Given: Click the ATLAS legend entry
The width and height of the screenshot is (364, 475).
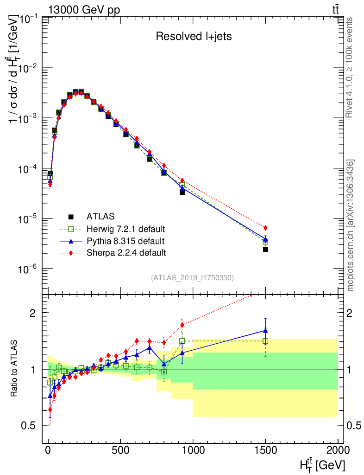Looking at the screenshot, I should tap(100, 216).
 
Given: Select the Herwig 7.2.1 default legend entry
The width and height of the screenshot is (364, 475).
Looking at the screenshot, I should tap(126, 229).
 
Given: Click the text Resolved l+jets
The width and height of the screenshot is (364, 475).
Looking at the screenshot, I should tap(193, 37).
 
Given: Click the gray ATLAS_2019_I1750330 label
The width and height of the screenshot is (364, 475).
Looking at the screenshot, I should tap(192, 278).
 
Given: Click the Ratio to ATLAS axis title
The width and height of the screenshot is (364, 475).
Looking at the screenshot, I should tap(15, 369).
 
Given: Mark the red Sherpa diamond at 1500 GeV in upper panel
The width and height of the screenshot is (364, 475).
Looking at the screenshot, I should tap(265, 228).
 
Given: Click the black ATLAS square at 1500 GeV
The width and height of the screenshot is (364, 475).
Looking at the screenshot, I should tap(265, 249).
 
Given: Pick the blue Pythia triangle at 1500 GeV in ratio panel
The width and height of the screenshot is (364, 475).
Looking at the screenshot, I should tap(265, 331).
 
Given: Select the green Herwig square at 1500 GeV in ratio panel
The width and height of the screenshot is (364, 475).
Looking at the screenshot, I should tap(265, 341).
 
